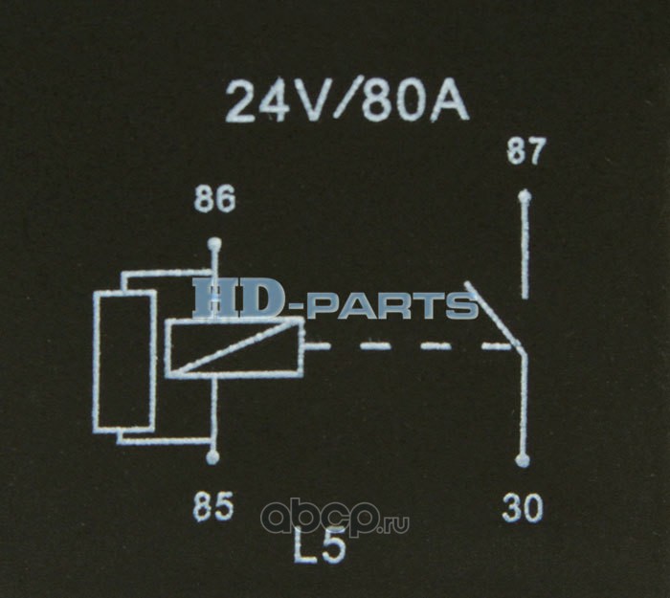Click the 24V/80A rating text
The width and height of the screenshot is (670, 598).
[346, 101]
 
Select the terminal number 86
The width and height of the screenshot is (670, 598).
[214, 201]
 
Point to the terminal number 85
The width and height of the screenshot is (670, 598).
[212, 508]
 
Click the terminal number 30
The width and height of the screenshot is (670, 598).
[523, 508]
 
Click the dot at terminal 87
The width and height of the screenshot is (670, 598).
[524, 197]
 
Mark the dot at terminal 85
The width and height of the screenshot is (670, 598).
[212, 460]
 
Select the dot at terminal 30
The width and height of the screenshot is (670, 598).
[522, 460]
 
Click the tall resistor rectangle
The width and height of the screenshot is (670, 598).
[124, 361]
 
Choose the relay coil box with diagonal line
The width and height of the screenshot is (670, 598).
[234, 346]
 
